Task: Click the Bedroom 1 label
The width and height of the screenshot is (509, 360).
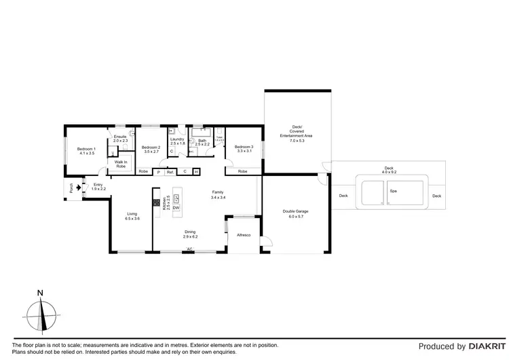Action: pyautogui.click(x=86, y=149)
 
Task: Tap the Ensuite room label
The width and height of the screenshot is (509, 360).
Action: pyautogui.click(x=120, y=137)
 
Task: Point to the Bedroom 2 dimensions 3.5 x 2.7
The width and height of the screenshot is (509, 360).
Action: pyautogui.click(x=150, y=152)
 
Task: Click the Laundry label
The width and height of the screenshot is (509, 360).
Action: pyautogui.click(x=178, y=139)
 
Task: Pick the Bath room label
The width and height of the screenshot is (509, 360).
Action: pyautogui.click(x=202, y=141)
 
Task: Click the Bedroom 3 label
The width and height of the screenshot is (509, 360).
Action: pyautogui.click(x=244, y=147)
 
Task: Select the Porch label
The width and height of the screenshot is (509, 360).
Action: pyautogui.click(x=70, y=188)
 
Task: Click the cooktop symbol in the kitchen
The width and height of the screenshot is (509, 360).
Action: pyautogui.click(x=156, y=202)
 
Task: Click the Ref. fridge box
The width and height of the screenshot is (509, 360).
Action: pyautogui.click(x=170, y=172)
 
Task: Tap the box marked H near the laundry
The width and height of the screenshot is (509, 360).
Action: pyautogui.click(x=196, y=172)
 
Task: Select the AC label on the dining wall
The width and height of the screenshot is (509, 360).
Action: pyautogui.click(x=190, y=249)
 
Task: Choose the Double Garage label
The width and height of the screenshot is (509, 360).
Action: pyautogui.click(x=295, y=211)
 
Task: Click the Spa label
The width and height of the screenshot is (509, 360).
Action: pyautogui.click(x=393, y=192)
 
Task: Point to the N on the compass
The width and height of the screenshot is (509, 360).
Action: pyautogui.click(x=41, y=293)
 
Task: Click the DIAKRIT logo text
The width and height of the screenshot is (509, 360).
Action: pyautogui.click(x=484, y=346)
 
